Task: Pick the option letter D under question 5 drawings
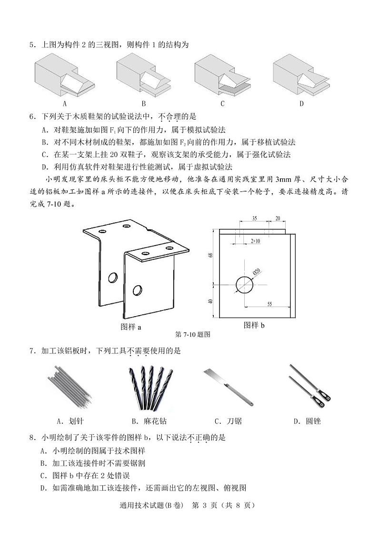click(301, 104)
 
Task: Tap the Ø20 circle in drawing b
click(245, 285)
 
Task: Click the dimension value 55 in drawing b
click(269, 304)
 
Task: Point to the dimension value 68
click(211, 256)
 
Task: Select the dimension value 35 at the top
click(254, 219)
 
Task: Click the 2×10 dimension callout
click(255, 241)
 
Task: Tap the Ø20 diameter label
click(257, 272)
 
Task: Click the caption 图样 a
click(131, 327)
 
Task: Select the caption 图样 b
click(254, 325)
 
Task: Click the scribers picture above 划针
click(70, 387)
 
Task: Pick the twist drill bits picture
click(150, 388)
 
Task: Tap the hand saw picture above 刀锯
click(229, 387)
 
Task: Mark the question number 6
click(32, 117)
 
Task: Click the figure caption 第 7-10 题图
click(192, 334)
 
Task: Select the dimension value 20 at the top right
click(278, 218)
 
